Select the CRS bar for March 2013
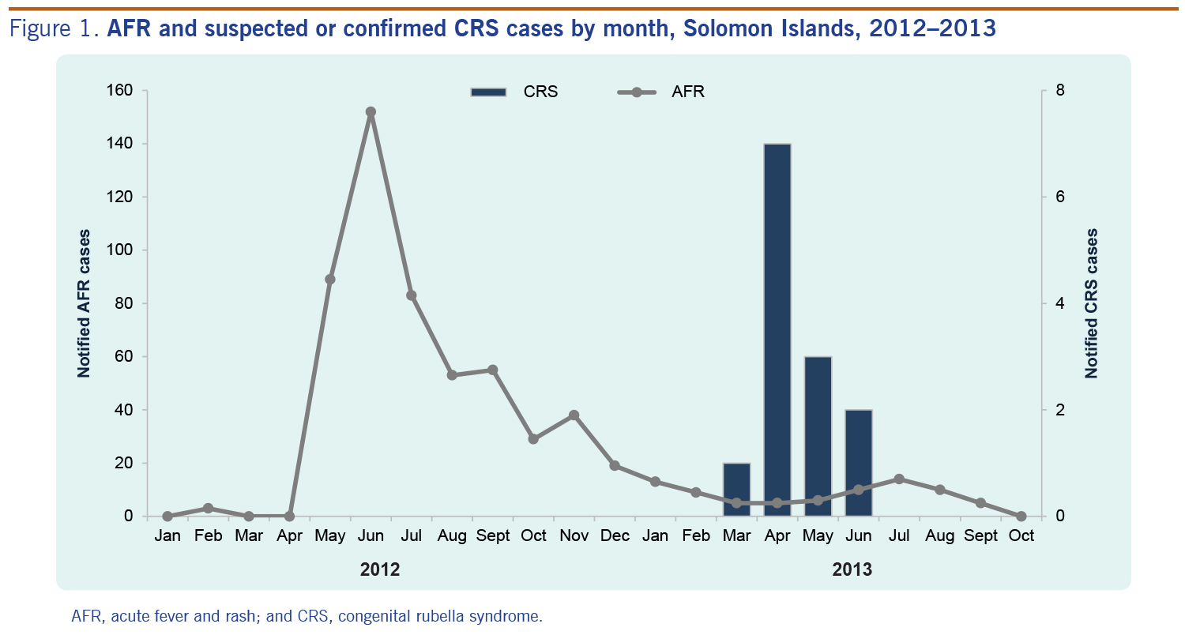736,490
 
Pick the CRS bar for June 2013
859,463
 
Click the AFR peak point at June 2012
371,112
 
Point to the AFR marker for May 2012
330,280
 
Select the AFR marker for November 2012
574,415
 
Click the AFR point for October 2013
1021,516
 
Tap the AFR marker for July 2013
899,479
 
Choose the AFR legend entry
660,92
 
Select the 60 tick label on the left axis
120,356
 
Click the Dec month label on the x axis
615,536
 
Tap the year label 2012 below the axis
379,569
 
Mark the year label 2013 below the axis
852,569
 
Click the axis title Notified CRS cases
1093,303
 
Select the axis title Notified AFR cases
83,303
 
